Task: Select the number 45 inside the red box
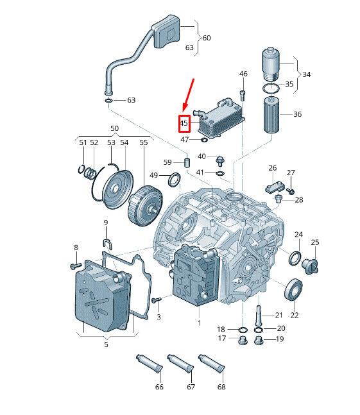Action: (184, 123)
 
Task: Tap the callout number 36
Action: (297, 114)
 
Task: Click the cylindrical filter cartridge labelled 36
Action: (273, 114)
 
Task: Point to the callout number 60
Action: (206, 38)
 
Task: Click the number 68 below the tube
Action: (221, 387)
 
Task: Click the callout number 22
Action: (295, 315)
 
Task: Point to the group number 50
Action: (114, 128)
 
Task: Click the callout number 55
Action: (143, 142)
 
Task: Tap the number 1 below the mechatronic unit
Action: (199, 323)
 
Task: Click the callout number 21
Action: (279, 315)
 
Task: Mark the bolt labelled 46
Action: (243, 95)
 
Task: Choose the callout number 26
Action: (272, 168)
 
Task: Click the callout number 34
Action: (307, 74)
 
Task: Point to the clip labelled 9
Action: (106, 242)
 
